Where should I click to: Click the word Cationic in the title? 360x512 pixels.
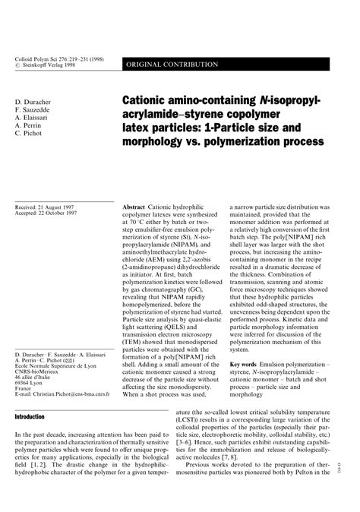[149, 102]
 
